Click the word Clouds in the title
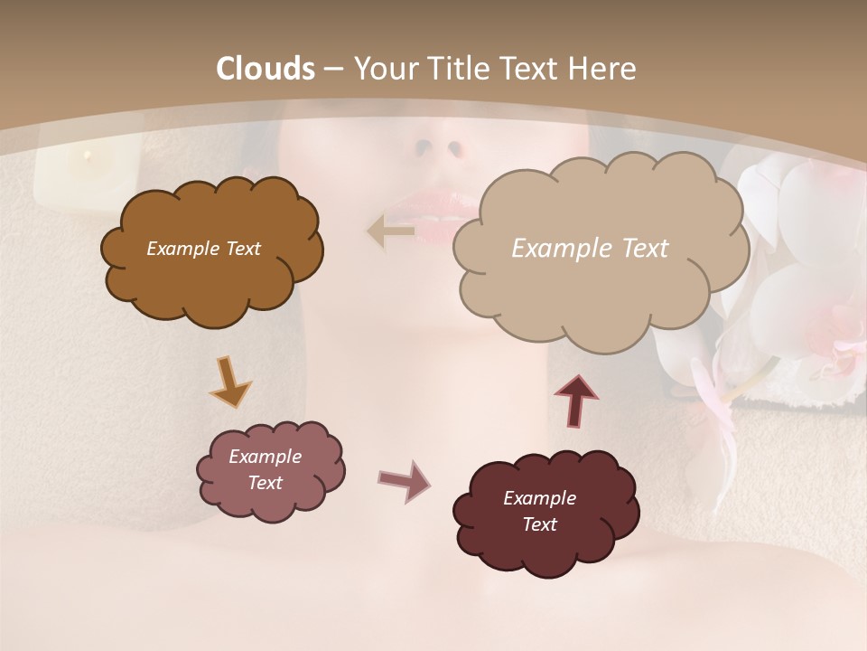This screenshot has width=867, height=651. pyautogui.click(x=266, y=69)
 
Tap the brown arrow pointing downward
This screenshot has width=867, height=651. pyautogui.click(x=229, y=382)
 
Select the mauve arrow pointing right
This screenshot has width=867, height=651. pyautogui.click(x=405, y=480)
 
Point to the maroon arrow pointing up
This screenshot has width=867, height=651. pyautogui.click(x=576, y=401)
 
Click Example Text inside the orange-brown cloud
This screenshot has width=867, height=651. pyautogui.click(x=203, y=249)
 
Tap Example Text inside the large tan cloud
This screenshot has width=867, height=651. pyautogui.click(x=590, y=249)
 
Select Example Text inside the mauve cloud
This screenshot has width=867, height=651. pyautogui.click(x=265, y=469)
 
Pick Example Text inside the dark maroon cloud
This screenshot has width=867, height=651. pyautogui.click(x=539, y=511)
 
